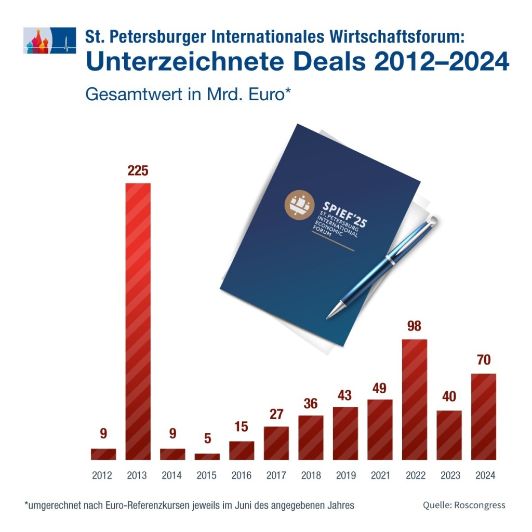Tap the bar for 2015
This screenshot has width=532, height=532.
click(x=207, y=456)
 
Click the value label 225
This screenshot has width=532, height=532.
click(x=138, y=170)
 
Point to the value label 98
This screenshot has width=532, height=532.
click(x=415, y=326)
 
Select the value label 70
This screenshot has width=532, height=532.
click(x=484, y=360)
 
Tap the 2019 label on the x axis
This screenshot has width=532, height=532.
click(x=345, y=475)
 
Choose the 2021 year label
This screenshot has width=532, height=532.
click(x=380, y=475)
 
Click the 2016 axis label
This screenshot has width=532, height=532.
click(x=242, y=475)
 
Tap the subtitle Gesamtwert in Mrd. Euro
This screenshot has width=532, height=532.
click(x=187, y=95)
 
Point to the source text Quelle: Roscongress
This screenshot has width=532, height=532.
click(x=463, y=505)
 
